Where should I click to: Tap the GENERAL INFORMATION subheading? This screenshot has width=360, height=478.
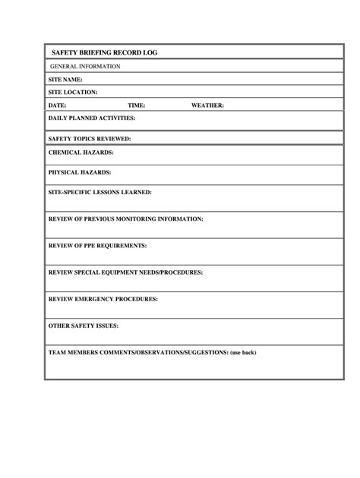coord(85,67)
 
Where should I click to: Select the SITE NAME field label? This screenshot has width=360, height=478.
coord(65,80)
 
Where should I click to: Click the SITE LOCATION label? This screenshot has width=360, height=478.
coord(73,92)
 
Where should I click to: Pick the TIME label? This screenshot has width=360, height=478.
coord(137,105)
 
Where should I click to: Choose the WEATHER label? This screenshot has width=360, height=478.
coord(207,105)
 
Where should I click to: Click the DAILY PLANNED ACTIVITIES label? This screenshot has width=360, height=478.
coord(92,119)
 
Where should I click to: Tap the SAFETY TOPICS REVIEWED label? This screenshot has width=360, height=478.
coord(90,139)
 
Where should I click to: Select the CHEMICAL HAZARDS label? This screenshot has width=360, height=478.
coord(81,153)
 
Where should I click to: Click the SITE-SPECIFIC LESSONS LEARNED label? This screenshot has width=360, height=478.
coord(100,193)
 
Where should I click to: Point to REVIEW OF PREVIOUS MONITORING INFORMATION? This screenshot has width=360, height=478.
coord(126,219)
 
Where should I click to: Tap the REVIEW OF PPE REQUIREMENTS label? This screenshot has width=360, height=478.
coord(98,246)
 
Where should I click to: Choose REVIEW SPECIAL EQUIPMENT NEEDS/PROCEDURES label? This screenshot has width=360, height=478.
coord(125,272)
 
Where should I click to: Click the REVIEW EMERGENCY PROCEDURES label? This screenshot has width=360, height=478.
coord(103,299)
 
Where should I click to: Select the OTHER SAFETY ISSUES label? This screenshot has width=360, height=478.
coord(84,326)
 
